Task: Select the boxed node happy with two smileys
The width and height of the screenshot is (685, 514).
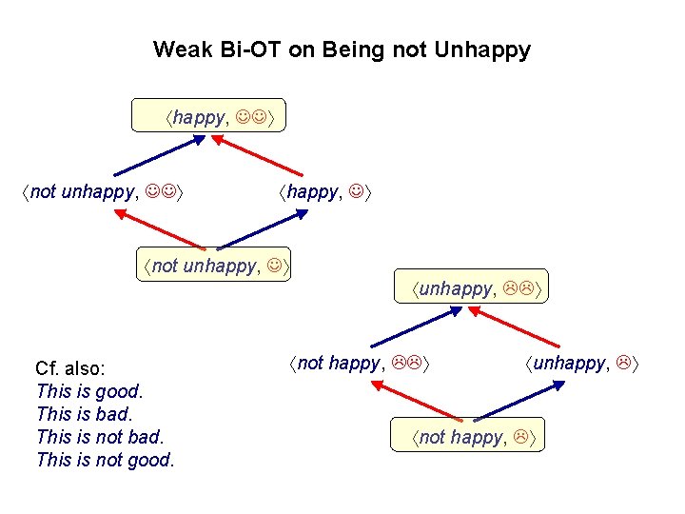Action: (222, 118)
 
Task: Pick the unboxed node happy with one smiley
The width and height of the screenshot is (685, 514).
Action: (325, 193)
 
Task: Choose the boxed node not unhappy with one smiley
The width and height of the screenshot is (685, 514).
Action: (214, 266)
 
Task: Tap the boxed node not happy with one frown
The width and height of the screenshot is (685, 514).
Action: (473, 437)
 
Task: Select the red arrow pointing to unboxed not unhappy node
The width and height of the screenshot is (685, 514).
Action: (162, 229)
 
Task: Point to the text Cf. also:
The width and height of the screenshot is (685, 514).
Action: (70, 368)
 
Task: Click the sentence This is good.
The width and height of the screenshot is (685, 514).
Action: (89, 391)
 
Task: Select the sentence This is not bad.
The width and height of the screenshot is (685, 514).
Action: (100, 437)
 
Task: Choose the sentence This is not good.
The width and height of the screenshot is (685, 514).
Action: (106, 461)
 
